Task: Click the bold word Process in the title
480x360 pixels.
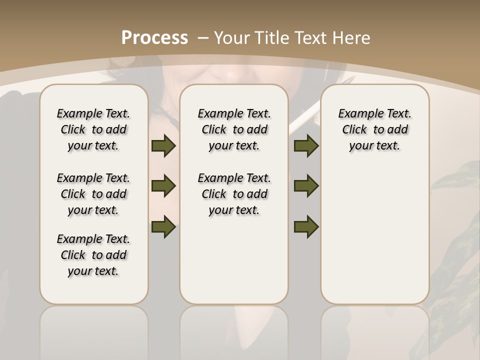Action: pos(154,38)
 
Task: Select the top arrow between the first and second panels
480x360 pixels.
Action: pos(163,145)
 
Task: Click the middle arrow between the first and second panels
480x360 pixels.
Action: pos(163,186)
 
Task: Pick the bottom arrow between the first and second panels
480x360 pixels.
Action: pos(163,226)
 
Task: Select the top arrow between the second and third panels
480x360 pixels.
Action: pos(306,145)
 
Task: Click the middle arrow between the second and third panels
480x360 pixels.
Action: pos(306,186)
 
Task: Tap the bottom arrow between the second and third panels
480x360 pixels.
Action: pos(306,226)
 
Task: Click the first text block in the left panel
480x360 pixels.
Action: pos(93,129)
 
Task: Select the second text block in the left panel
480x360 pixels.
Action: pos(93,194)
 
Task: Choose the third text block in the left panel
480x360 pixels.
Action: pos(93,255)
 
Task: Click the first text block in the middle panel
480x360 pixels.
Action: pos(234,129)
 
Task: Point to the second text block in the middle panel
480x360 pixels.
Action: pos(234,194)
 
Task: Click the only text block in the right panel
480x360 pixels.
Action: pos(374,129)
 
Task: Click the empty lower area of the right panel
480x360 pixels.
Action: pos(374,235)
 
